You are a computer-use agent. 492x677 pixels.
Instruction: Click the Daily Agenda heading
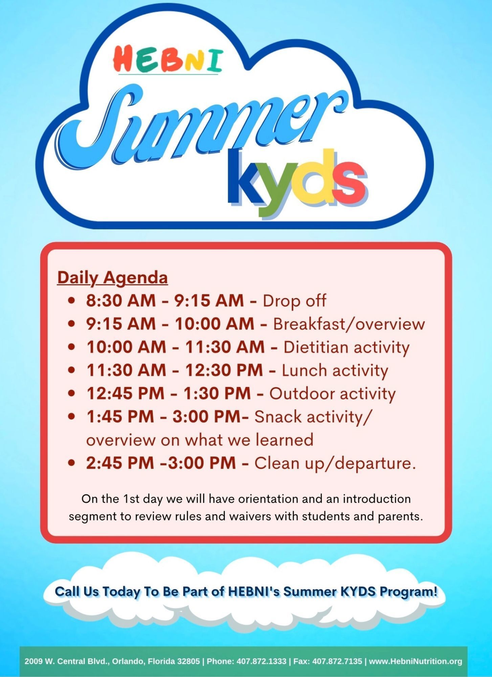point(113,278)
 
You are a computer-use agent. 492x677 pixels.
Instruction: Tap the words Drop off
point(294,301)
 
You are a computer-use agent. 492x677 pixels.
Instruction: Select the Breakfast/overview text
point(349,324)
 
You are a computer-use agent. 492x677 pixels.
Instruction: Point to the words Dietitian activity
point(346,347)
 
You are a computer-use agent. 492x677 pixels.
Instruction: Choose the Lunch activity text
point(335,370)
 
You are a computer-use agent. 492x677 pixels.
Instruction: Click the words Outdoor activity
point(332,393)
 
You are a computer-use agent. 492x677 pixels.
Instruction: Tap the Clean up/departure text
point(335,463)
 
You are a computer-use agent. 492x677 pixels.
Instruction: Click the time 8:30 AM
point(120,301)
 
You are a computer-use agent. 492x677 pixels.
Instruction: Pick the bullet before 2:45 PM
point(71,463)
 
